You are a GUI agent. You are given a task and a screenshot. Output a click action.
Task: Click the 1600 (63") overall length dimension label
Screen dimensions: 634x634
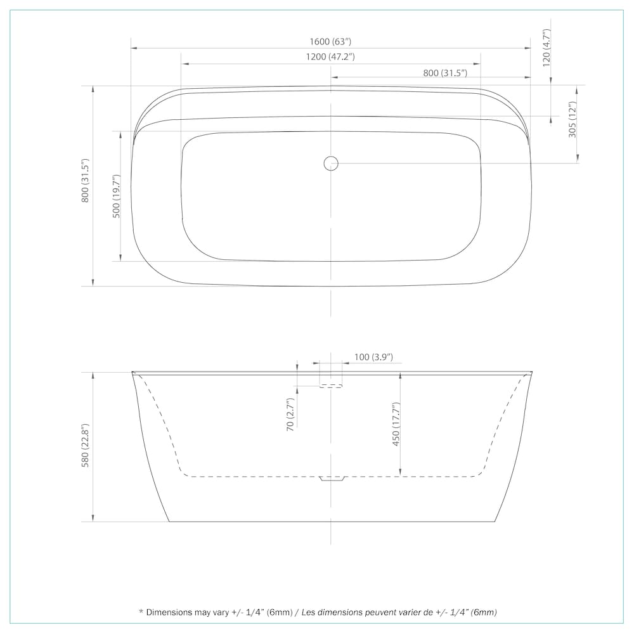tap(330, 42)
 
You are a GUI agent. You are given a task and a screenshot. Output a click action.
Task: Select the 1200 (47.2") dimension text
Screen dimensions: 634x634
tap(330, 56)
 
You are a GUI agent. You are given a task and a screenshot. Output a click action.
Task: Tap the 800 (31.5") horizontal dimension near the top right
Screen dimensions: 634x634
tap(445, 73)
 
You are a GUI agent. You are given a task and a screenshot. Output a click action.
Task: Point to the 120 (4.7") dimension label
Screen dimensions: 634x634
tap(547, 48)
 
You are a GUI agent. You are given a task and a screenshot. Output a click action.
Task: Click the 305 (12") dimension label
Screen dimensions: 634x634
tap(572, 119)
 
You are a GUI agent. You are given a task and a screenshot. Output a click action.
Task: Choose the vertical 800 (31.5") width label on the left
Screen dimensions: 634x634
tap(85, 180)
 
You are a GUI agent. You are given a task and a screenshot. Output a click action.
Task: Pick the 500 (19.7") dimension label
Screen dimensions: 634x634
tap(116, 197)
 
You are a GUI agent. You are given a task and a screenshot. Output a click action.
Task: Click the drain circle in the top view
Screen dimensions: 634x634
tap(331, 163)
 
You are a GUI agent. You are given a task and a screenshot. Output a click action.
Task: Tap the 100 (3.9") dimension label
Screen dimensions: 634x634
tap(373, 357)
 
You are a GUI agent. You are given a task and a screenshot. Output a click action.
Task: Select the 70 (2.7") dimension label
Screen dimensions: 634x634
tap(290, 415)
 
